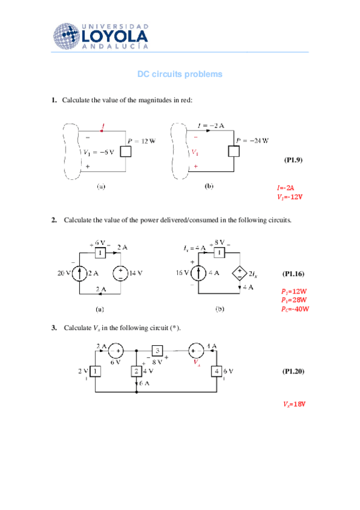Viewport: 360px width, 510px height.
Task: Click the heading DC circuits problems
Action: [180, 74]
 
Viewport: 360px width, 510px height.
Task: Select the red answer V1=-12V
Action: [290, 197]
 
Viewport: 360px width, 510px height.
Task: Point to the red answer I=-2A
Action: [285, 187]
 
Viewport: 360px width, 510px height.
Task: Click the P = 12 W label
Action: [140, 141]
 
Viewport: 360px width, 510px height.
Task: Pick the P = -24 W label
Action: [252, 140]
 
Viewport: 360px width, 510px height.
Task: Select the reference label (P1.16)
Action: [293, 274]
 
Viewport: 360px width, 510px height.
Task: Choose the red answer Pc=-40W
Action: [294, 309]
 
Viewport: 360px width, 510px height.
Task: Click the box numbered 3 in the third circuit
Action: [157, 350]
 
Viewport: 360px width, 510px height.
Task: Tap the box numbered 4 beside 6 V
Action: [216, 371]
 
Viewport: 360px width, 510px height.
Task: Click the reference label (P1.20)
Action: [293, 372]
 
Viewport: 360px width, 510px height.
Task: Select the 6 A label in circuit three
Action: [145, 383]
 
